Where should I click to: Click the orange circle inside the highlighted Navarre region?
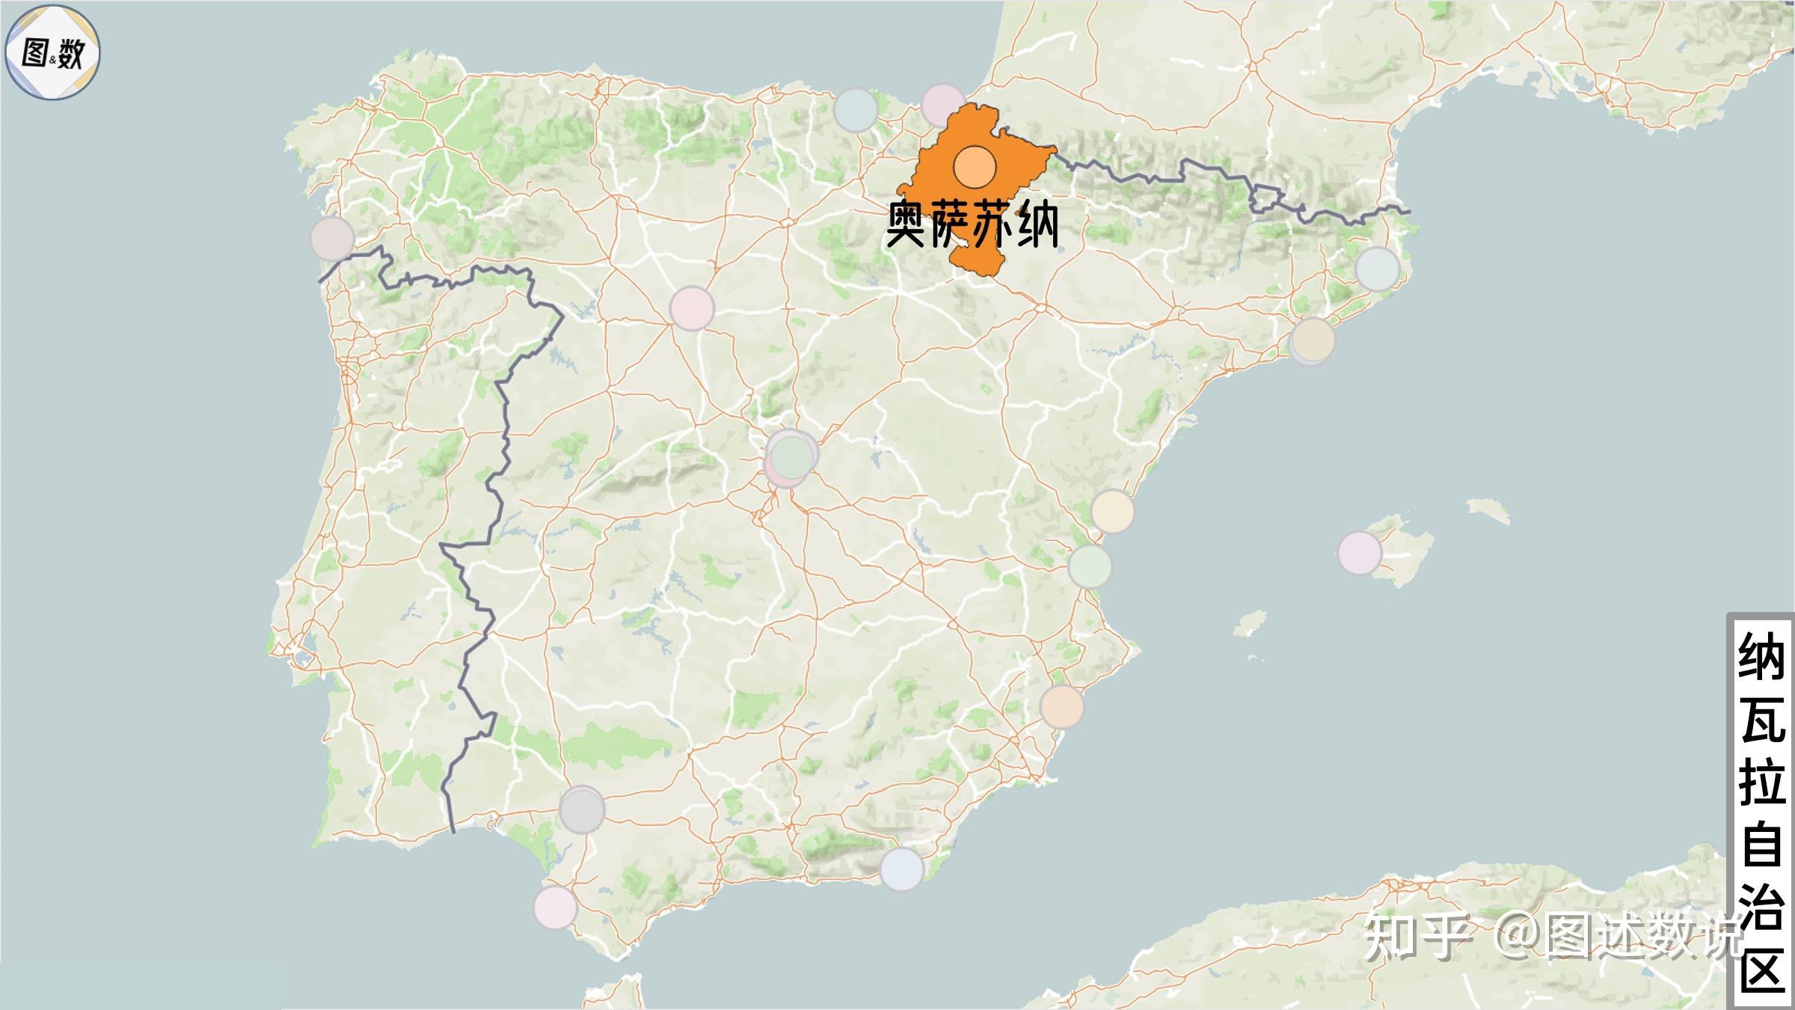pyautogui.click(x=975, y=167)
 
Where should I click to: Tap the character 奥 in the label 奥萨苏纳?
pyautogui.click(x=908, y=224)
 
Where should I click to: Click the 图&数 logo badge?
pyautogui.click(x=52, y=52)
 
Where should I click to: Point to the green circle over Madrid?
pyautogui.click(x=791, y=456)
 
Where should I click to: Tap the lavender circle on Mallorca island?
pyautogui.click(x=1359, y=553)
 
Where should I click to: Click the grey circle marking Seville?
pyautogui.click(x=582, y=809)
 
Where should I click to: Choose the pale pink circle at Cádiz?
pyautogui.click(x=555, y=907)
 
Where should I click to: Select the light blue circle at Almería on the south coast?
pyautogui.click(x=901, y=869)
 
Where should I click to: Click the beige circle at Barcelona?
pyautogui.click(x=1313, y=339)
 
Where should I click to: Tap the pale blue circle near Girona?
pyautogui.click(x=1377, y=269)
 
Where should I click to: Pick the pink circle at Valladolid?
pyautogui.click(x=692, y=307)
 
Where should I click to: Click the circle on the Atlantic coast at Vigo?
pyautogui.click(x=332, y=238)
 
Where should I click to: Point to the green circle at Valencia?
pyautogui.click(x=1090, y=566)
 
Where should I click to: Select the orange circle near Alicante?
pyautogui.click(x=1061, y=706)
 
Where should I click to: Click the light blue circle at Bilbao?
pyautogui.click(x=856, y=110)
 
